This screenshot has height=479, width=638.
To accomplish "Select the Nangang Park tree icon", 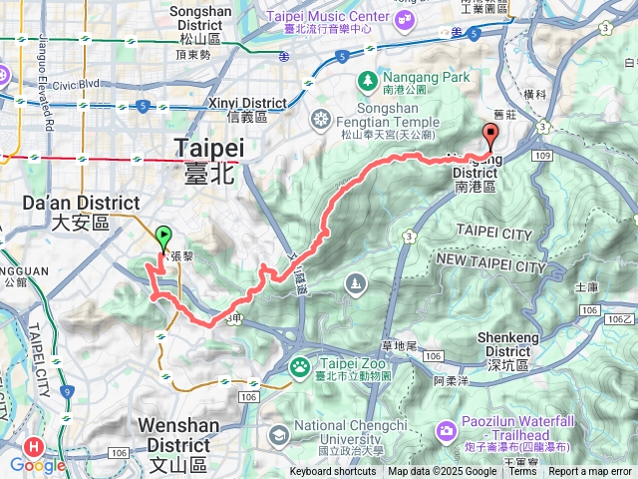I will tap(368, 78).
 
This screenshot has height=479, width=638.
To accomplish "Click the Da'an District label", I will tap(65, 212).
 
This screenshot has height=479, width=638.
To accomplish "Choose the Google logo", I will tap(39, 465).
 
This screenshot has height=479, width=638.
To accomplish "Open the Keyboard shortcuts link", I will tap(333, 472).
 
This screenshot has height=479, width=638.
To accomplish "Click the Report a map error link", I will tap(590, 472).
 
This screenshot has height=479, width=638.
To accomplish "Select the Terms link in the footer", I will tap(522, 472).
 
